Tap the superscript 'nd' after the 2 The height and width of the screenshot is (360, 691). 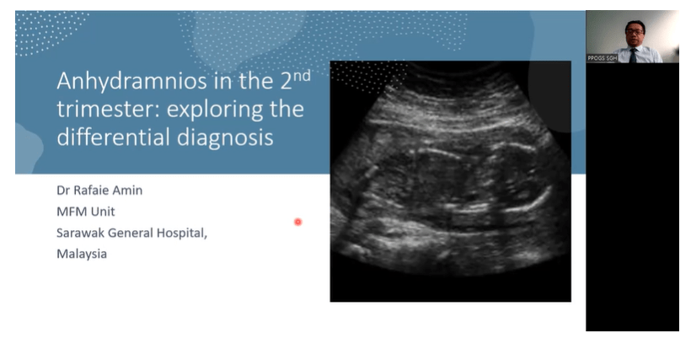(x=300, y=76)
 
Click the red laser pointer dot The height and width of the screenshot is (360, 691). (x=298, y=222)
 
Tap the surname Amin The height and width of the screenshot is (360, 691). (x=128, y=190)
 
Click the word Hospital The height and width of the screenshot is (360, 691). (x=181, y=232)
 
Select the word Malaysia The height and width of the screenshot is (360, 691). (x=82, y=253)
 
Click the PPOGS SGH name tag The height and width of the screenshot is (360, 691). (x=602, y=58)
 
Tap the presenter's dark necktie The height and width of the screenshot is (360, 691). (x=633, y=55)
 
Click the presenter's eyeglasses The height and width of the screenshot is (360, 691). (x=633, y=33)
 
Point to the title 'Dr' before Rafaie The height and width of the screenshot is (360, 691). (x=64, y=190)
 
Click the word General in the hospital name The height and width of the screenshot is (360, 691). (x=131, y=232)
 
